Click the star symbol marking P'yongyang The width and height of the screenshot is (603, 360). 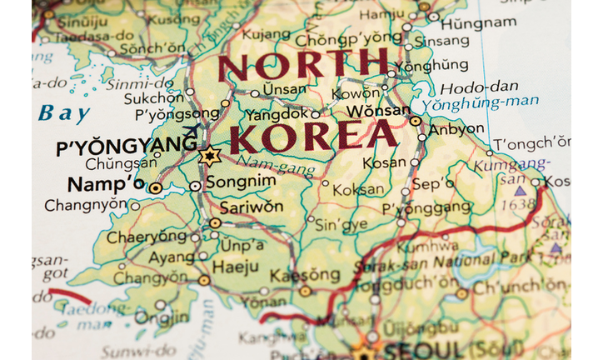pyautogui.click(x=208, y=156)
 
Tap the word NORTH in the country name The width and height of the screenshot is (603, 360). pyautogui.click(x=303, y=65)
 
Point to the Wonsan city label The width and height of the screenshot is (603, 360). pyautogui.click(x=380, y=109)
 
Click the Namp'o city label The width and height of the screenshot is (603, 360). pyautogui.click(x=106, y=185)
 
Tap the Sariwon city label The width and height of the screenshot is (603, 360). pyautogui.click(x=252, y=207)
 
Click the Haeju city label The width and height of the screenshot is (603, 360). pyautogui.click(x=230, y=268)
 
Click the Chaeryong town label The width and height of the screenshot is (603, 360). pyautogui.click(x=146, y=236)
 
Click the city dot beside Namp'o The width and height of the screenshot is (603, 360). pyautogui.click(x=156, y=188)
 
